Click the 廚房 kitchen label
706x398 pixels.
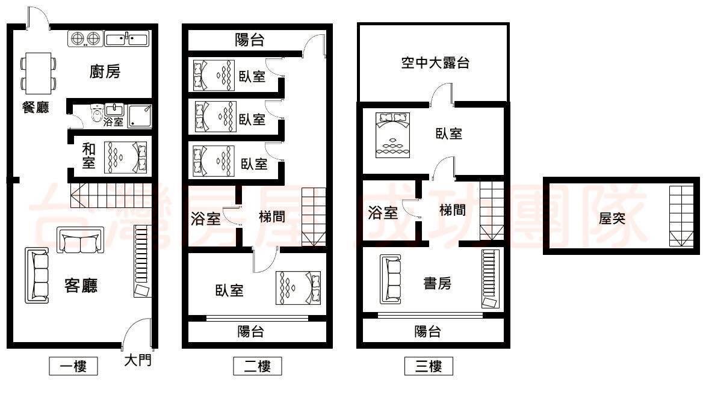(105, 72)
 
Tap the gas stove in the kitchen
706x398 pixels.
(85, 38)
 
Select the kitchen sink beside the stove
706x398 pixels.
(126, 38)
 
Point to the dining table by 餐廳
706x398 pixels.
(39, 73)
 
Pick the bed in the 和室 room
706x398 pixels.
(126, 158)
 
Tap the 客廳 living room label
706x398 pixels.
(81, 285)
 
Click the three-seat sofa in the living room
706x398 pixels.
(37, 275)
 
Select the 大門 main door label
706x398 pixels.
(138, 360)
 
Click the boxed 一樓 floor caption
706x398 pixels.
(73, 366)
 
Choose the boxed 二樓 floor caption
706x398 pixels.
(258, 366)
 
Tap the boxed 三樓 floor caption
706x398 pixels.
(429, 366)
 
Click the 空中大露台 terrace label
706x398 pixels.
(435, 63)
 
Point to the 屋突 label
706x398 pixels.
(612, 219)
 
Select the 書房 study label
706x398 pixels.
(437, 283)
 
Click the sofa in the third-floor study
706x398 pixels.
(391, 280)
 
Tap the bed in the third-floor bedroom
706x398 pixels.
(392, 135)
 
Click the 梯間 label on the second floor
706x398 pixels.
(272, 217)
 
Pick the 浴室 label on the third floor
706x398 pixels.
(383, 213)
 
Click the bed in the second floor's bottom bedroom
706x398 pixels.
(298, 288)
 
